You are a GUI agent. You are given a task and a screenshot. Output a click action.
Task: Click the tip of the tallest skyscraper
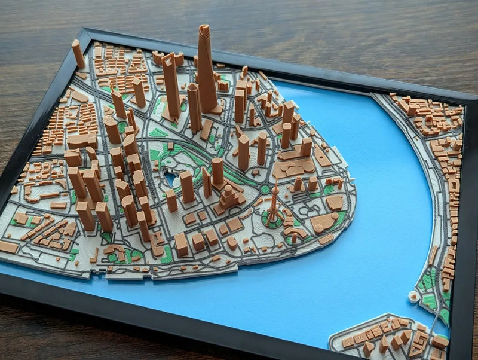pos(204,28)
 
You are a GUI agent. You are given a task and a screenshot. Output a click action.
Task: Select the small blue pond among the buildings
pos(171,179)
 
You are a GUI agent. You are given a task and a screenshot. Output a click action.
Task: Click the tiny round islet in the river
pos(412,296)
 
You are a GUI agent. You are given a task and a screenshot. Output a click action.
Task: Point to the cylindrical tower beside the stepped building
pos(217,170)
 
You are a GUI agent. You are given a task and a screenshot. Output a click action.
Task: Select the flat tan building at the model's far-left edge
pos(8,246)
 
